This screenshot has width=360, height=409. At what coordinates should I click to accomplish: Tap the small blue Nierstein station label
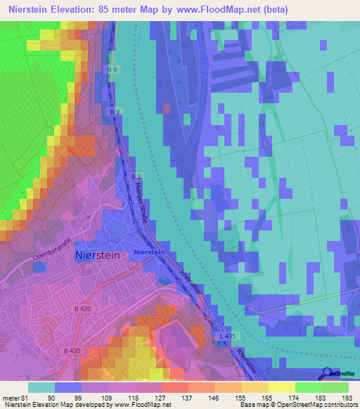pyautogui.click(x=148, y=252)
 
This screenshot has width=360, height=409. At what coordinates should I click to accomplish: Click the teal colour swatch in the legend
pyautogui.click(x=41, y=387)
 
